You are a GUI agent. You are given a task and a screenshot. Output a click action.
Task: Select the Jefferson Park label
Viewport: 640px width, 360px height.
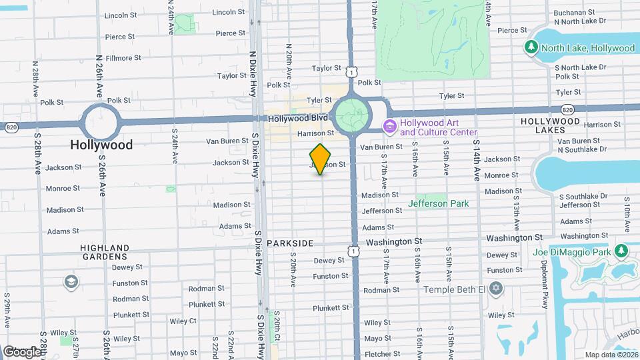[439, 203]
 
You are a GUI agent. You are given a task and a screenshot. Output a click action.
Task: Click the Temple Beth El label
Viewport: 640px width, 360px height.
[455, 289]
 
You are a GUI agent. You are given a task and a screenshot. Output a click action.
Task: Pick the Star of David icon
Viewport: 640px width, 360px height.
[495, 289]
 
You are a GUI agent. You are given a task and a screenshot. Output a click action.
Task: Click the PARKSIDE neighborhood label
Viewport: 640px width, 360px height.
[289, 243]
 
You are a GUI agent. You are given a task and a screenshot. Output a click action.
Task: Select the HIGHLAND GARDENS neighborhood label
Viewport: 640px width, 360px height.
[105, 251]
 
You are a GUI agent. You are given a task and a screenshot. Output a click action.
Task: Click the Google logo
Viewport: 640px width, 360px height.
[21, 351]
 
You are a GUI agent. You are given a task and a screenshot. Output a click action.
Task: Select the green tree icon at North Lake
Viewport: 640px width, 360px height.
[531, 47]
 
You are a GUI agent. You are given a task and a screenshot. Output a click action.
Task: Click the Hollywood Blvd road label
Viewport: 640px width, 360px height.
[298, 118]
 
